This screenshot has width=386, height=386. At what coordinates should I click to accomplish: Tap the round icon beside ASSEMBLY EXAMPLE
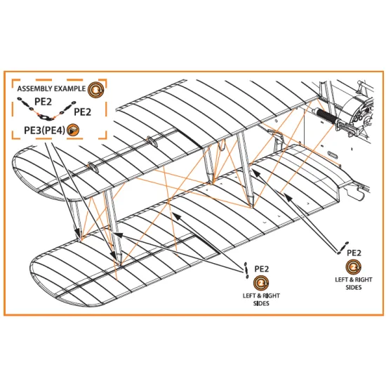(x=96, y=89)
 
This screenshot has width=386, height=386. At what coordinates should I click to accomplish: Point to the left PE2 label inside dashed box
(x=44, y=102)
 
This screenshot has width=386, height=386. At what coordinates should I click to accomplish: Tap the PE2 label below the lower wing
(x=262, y=268)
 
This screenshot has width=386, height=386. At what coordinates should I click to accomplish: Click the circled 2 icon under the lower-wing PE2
(x=261, y=284)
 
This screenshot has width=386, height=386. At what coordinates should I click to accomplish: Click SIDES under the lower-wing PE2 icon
(x=261, y=305)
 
